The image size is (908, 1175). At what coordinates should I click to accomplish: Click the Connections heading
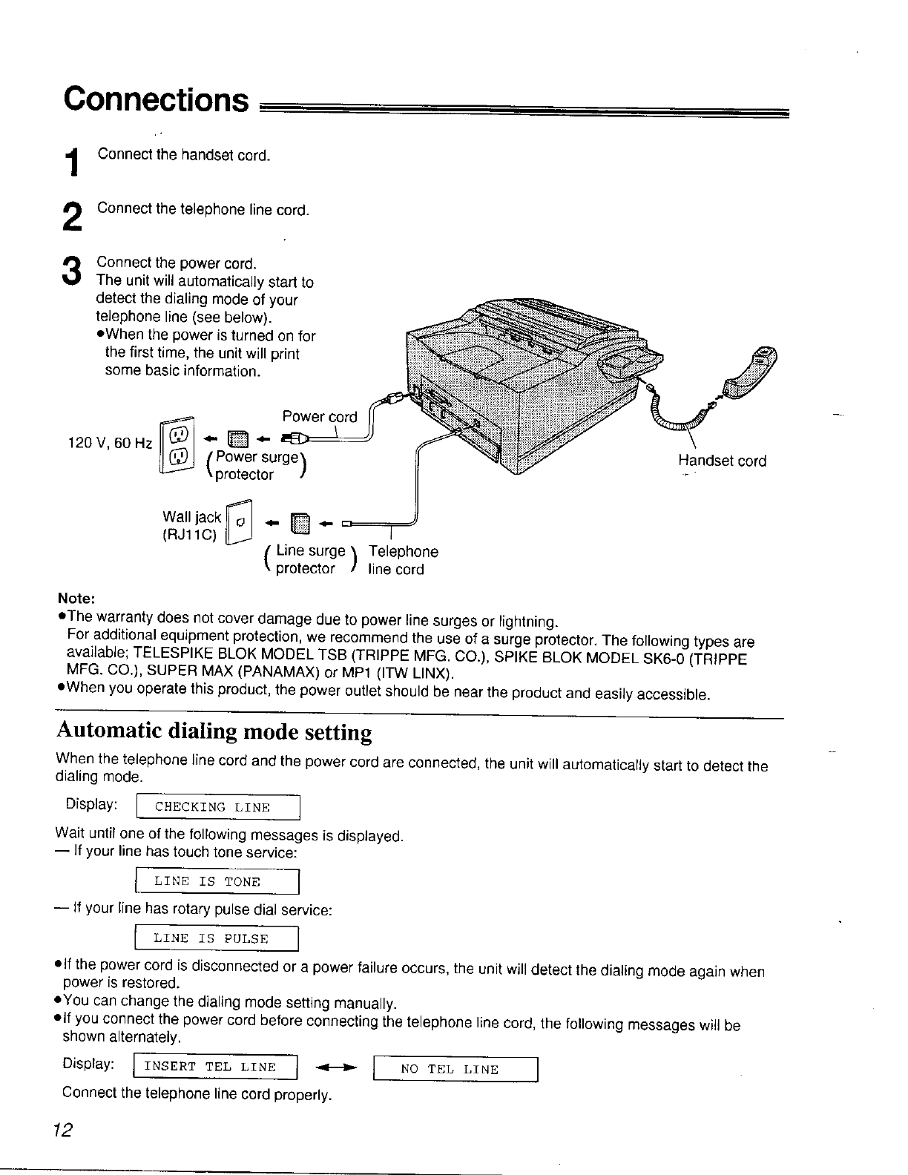tap(155, 99)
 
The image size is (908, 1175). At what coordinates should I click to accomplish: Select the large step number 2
tap(71, 217)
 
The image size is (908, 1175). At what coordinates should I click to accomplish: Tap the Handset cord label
tap(721, 461)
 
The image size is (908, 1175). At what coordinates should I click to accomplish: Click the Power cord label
tap(319, 417)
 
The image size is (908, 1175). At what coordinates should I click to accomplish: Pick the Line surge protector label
tap(310, 560)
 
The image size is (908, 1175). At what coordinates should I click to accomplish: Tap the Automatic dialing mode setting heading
tap(214, 732)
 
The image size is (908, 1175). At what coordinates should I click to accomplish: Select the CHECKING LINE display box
tap(217, 807)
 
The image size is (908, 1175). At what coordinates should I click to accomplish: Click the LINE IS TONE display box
tap(216, 881)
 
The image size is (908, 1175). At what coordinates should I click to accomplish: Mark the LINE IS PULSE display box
tap(216, 938)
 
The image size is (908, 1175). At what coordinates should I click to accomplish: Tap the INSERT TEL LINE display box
tap(214, 1067)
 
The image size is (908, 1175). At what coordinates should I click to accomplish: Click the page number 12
tap(63, 1130)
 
